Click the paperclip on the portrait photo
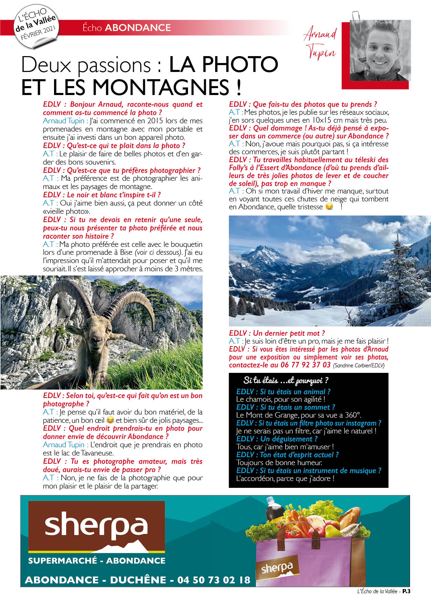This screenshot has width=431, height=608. point(356,22)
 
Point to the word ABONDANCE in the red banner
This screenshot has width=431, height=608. point(138,28)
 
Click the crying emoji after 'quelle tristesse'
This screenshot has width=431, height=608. point(329,207)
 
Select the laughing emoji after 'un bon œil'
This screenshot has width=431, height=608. point(110,420)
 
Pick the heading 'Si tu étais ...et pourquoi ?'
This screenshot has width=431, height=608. point(285,380)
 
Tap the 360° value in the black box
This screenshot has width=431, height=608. point(352,415)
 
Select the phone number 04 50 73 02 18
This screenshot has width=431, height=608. point(213,580)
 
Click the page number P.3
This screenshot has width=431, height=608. point(406,591)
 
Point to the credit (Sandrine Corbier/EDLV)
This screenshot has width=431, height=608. point(359,366)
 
